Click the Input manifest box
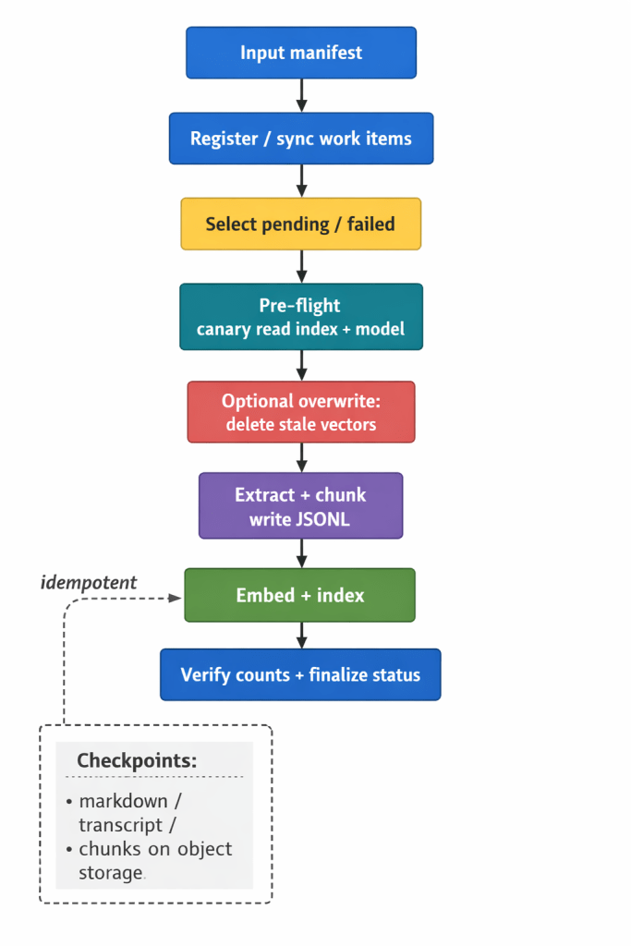point(301,53)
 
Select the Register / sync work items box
point(301,139)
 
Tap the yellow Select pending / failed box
point(301,224)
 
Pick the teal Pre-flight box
point(301,317)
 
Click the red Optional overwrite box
point(301,412)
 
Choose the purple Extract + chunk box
point(301,505)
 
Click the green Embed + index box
point(301,595)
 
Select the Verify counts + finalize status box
point(301,674)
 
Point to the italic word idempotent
point(89,582)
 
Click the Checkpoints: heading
point(137,760)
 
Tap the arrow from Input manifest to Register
point(301,95)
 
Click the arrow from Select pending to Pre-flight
point(301,266)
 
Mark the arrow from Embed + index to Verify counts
point(301,635)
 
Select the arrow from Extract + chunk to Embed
point(301,552)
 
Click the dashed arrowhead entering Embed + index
point(176,597)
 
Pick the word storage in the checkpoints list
point(111,872)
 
